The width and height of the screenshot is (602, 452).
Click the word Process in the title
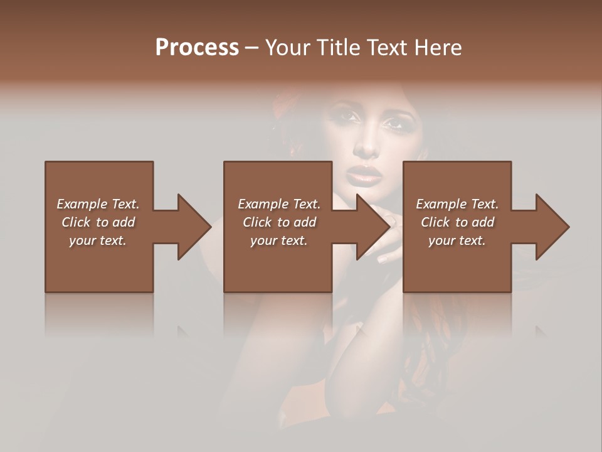pyautogui.click(x=197, y=48)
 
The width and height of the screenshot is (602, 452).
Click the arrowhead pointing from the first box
pyautogui.click(x=193, y=227)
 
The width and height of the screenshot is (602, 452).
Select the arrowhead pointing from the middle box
pyautogui.click(x=372, y=227)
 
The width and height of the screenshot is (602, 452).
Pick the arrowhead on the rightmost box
pyautogui.click(x=552, y=227)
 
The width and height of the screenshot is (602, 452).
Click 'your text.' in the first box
pyautogui.click(x=98, y=240)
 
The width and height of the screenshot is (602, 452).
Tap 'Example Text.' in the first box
pyautogui.click(x=98, y=204)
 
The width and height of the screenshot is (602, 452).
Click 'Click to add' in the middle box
pyautogui.click(x=279, y=222)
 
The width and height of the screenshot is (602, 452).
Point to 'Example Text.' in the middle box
pyautogui.click(x=279, y=204)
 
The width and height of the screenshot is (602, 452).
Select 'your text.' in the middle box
pyautogui.click(x=279, y=240)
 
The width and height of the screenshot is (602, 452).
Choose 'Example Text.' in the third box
pyautogui.click(x=457, y=204)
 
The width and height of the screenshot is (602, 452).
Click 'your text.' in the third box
pyautogui.click(x=457, y=240)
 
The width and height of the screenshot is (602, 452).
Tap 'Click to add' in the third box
pyautogui.click(x=457, y=222)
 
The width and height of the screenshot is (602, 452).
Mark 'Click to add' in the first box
pyautogui.click(x=98, y=222)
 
